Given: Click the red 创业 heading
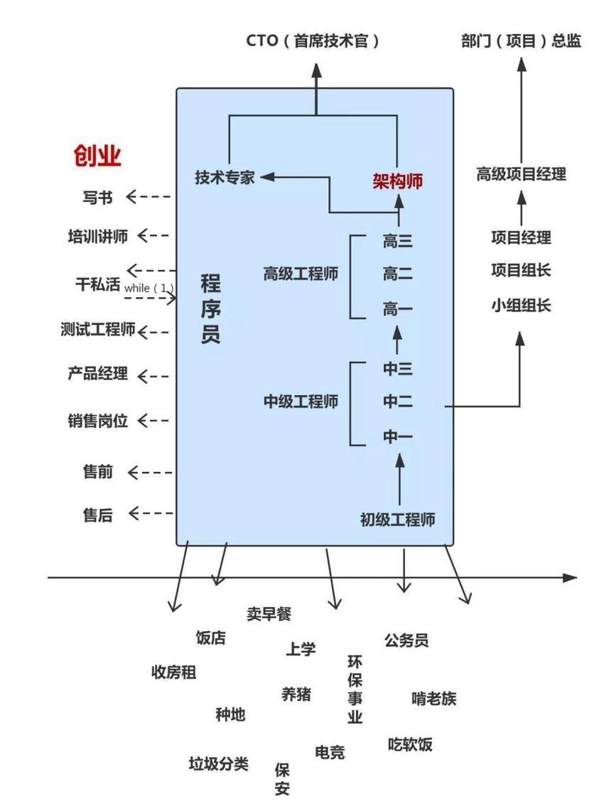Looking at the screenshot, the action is [x=97, y=155].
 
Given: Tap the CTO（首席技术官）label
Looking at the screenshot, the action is [x=313, y=41].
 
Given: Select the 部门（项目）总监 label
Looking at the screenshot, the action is [x=521, y=41].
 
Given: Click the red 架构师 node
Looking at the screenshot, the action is [x=397, y=181].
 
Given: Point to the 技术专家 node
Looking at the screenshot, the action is [x=225, y=177].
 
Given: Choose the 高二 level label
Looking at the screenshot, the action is [x=398, y=274].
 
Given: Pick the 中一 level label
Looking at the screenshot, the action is [x=398, y=436].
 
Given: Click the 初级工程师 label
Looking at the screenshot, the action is [x=397, y=520].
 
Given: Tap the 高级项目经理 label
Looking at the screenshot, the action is [x=521, y=174].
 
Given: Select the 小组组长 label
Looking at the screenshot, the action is [x=521, y=306].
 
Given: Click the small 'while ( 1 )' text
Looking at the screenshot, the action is [x=149, y=288].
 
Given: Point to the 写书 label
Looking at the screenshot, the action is [x=97, y=197].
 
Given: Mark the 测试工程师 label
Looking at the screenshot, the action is [x=98, y=330].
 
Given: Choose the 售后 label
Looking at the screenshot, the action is [x=97, y=515].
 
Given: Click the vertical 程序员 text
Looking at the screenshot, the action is [x=210, y=308].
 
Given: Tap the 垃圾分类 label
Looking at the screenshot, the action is [x=219, y=764].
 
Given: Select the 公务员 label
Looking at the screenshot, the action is [x=406, y=640].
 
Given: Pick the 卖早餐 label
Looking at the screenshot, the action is [x=269, y=613].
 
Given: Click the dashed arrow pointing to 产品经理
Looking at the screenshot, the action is [x=153, y=377].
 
